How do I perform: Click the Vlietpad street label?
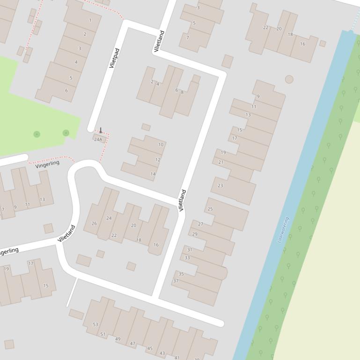coord(114,58)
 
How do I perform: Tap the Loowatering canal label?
coord(283,230)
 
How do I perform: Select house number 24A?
coord(98,139)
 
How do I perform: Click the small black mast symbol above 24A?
coord(100,130)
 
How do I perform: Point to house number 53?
coord(96,324)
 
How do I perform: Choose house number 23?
coord(220,186)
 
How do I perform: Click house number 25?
coord(210,209)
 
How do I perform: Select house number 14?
coord(153,174)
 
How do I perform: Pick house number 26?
coord(94,223)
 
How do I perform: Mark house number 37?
coord(176,281)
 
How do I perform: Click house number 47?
coord(132,344)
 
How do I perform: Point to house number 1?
coord(90,21)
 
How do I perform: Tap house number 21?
coord(221,162)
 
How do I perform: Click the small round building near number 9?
coord(289,79)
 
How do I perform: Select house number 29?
coord(195,234)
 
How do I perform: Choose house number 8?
coord(182,92)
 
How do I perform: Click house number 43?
coord(162,353)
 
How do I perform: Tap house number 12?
coord(158,160)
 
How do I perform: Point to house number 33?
coord(187,258)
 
